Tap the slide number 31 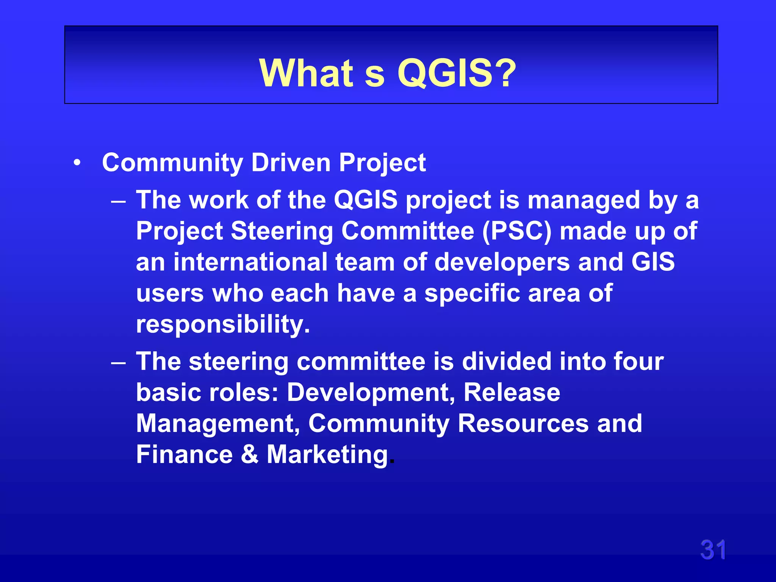(713, 550)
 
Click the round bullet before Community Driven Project (77, 163)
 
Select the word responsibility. (223, 325)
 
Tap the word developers (502, 263)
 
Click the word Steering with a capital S (282, 232)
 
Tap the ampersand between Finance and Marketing (250, 454)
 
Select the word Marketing (328, 454)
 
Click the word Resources (523, 423)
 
